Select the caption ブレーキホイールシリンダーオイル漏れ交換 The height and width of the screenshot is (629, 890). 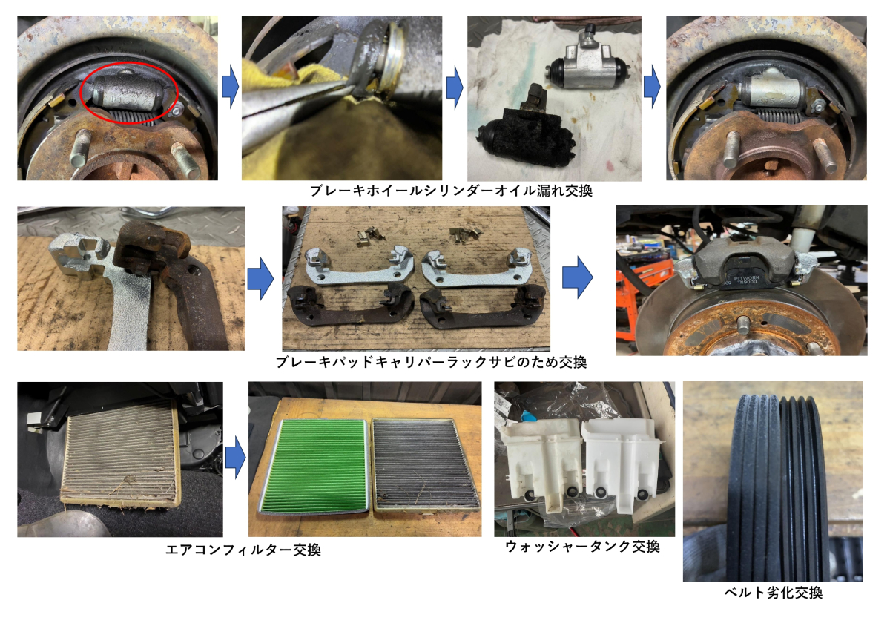[x=451, y=191]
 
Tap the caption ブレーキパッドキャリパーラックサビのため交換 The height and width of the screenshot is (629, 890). [x=431, y=363]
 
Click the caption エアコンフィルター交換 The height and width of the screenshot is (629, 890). [x=243, y=550]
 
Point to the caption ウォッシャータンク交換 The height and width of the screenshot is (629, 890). [x=582, y=547]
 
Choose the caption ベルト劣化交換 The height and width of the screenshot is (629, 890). [x=773, y=593]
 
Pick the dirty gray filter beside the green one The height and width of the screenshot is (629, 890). [x=426, y=464]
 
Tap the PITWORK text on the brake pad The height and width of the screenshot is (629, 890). [x=747, y=277]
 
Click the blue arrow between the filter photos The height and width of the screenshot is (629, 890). [x=236, y=458]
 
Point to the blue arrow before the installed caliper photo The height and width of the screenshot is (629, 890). [x=577, y=277]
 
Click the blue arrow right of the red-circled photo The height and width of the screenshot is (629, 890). [x=230, y=87]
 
